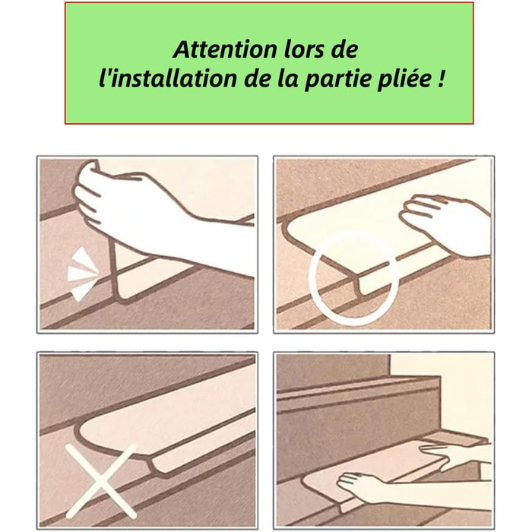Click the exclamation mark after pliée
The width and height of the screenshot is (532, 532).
coord(439,79)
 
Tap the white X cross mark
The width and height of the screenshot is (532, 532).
coord(101,481)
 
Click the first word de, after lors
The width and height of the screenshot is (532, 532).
coord(342,49)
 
